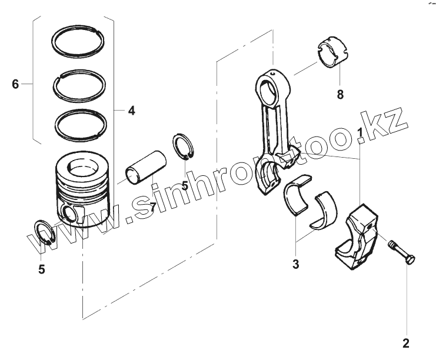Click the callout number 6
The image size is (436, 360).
coord(15,85)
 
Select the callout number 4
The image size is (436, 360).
coord(131,111)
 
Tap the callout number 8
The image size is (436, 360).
coord(340,94)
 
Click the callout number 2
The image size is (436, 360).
coord(405,342)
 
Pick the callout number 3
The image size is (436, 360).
coord(296,264)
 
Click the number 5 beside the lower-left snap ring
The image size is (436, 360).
coord(41,269)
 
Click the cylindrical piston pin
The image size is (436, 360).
coord(145,166)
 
